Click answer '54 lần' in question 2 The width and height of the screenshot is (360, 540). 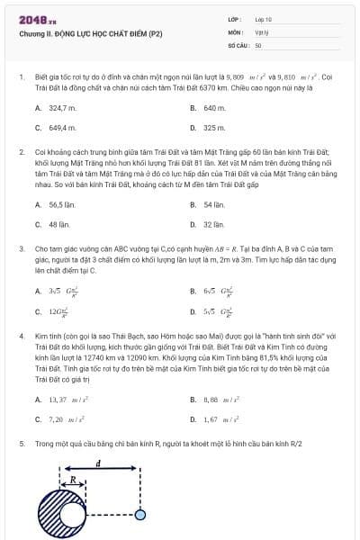[212, 204]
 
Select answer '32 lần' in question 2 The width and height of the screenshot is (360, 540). [212, 224]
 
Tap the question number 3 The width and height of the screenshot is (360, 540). [21, 246]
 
